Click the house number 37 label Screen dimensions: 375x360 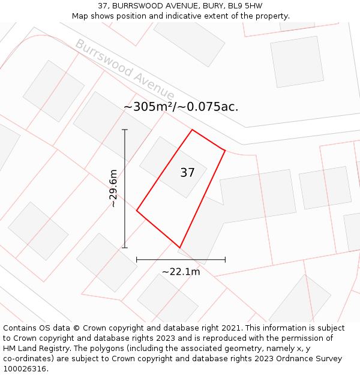coord(187,173)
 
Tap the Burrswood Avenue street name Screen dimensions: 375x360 coord(124,70)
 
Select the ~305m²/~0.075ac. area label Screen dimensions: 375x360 coord(181,107)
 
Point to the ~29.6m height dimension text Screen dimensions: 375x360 coord(113,188)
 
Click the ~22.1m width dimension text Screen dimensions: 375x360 coord(181,272)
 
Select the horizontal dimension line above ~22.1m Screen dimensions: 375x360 coord(181,260)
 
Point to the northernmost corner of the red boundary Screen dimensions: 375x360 coord(192,130)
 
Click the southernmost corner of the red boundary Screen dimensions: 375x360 coord(179,247)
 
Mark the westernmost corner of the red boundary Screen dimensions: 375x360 coord(137,211)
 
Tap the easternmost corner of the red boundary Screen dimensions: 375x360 coord(225,150)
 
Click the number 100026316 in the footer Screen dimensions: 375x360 coord(25,369)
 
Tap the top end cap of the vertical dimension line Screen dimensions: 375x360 coord(125,130)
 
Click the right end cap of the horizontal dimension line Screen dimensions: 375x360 coord(225,260)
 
